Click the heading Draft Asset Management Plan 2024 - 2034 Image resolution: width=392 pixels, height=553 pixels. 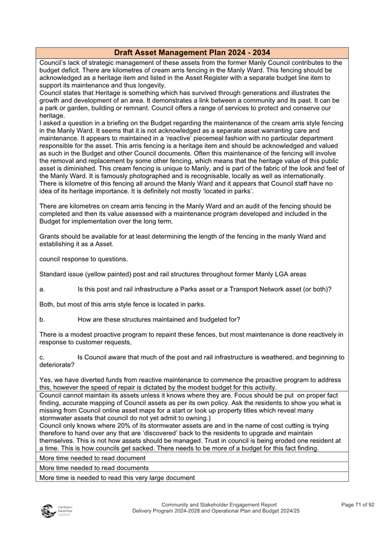[x=192, y=53]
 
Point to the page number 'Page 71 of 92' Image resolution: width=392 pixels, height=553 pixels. [x=358, y=505]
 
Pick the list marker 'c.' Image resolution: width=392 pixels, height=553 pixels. [x=42, y=358]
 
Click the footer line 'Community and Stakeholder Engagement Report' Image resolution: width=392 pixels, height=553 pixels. [x=219, y=505]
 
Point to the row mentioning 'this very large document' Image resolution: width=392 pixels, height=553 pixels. [x=117, y=478]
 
